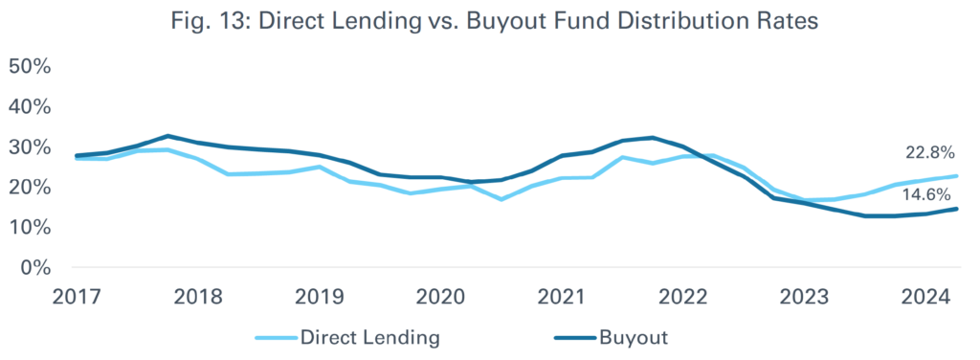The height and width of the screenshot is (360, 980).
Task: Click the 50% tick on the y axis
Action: coord(30,66)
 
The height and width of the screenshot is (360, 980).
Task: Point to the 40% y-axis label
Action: coord(30,106)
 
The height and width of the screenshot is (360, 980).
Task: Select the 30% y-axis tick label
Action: coord(30,146)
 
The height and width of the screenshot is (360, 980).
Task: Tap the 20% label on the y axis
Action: coord(30,187)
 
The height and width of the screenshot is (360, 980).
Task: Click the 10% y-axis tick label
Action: coord(30,227)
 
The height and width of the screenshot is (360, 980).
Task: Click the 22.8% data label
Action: coord(930,153)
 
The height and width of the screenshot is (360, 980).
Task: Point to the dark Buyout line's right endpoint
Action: coord(956,209)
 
